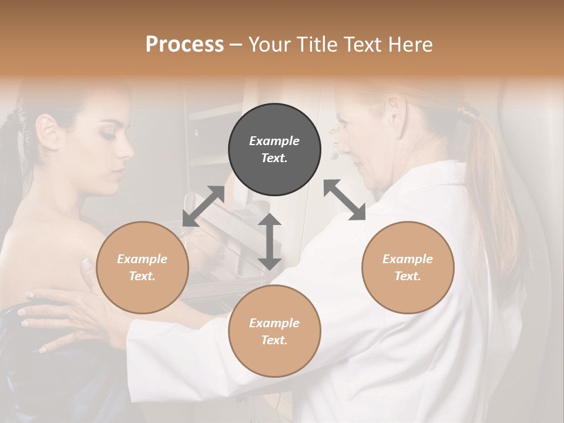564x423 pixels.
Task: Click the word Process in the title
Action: tap(184, 45)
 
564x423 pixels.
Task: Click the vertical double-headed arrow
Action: tap(270, 241)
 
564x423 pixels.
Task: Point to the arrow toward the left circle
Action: tap(203, 206)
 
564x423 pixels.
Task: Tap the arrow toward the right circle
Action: tap(345, 200)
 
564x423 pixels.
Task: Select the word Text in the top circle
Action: tap(274, 158)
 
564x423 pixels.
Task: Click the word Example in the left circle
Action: tap(142, 259)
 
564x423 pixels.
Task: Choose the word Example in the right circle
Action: tap(408, 259)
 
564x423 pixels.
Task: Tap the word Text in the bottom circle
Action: tap(274, 340)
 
